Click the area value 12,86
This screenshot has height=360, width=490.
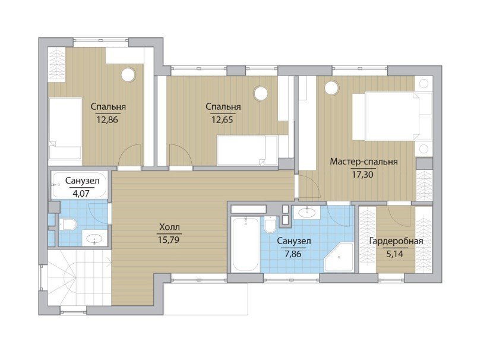click(108, 119)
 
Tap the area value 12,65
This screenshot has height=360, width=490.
click(223, 119)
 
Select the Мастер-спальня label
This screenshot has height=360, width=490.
click(363, 162)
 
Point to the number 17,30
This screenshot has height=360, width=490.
click(362, 175)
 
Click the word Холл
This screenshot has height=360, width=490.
click(169, 227)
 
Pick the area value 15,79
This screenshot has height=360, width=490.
click(169, 239)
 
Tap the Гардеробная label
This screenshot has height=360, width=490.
click(396, 241)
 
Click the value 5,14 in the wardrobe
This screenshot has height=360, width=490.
click(395, 254)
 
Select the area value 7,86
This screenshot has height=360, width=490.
click(293, 254)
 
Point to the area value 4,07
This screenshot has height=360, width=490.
click(81, 194)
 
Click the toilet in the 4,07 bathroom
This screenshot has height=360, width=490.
click(68, 224)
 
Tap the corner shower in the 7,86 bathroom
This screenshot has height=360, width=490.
click(339, 257)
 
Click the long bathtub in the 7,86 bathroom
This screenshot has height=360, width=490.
click(246, 244)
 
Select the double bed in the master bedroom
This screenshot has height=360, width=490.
click(392, 116)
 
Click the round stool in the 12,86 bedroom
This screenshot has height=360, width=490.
click(128, 75)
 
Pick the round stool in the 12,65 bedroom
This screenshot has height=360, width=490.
click(260, 93)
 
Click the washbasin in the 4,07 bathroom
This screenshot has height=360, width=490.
click(95, 239)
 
